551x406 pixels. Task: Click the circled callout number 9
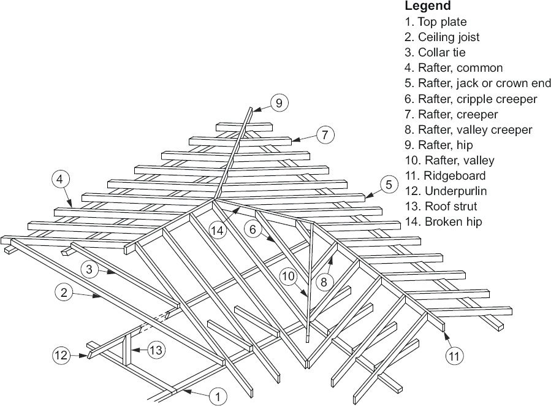pyautogui.click(x=279, y=103)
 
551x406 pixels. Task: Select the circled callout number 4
pyautogui.click(x=60, y=180)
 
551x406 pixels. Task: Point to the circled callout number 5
pyautogui.click(x=389, y=183)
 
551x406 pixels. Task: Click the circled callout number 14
pyautogui.click(x=218, y=231)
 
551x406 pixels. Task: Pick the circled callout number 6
pyautogui.click(x=253, y=229)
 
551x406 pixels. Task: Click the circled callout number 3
pyautogui.click(x=89, y=269)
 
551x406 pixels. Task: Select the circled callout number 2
pyautogui.click(x=64, y=293)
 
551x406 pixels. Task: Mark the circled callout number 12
pyautogui.click(x=61, y=354)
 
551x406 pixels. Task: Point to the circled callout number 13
pyautogui.click(x=156, y=350)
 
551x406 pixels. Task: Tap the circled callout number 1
pyautogui.click(x=217, y=396)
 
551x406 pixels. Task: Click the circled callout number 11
pyautogui.click(x=454, y=354)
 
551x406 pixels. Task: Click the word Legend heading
pyautogui.click(x=428, y=6)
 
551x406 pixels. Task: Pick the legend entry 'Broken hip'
pyautogui.click(x=443, y=221)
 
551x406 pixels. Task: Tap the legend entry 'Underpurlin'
pyautogui.click(x=446, y=191)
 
